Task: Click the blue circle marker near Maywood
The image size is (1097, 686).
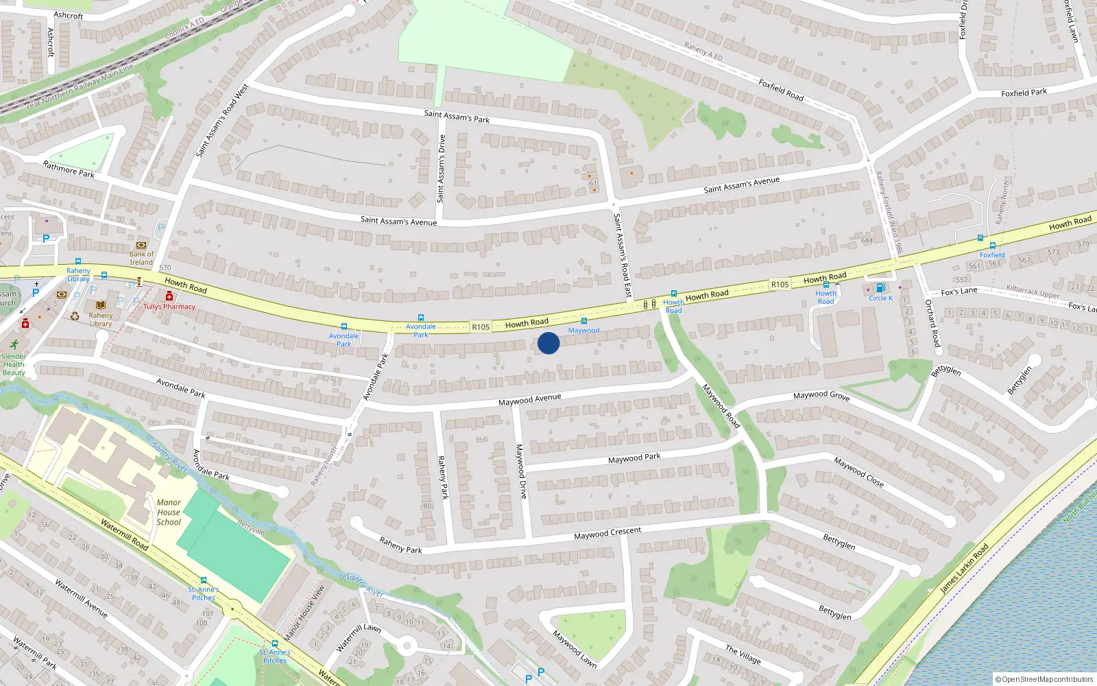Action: pos(548,343)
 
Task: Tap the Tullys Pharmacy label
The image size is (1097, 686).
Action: pos(169,307)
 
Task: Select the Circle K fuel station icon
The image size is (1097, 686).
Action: pos(880,288)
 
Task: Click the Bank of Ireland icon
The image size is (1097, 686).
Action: pos(142,245)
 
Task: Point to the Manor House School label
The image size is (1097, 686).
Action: pos(169,512)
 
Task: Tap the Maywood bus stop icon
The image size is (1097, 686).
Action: pos(584,321)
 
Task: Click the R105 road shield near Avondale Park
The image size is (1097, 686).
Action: pos(481,327)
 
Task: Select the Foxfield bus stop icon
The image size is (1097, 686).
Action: pos(992,246)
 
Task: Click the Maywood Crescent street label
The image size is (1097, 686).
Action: pos(607,533)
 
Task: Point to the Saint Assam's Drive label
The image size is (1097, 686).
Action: pos(441,169)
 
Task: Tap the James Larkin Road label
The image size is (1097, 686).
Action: pos(964,569)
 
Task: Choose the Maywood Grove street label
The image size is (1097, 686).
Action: pos(821,395)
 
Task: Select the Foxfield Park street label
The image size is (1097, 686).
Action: pos(1024,93)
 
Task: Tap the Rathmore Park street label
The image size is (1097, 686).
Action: pos(69,169)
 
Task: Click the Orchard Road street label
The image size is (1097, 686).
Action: pos(932,322)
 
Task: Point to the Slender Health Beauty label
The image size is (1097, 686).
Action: pos(14,364)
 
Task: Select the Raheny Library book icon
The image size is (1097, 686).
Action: pos(101,305)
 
